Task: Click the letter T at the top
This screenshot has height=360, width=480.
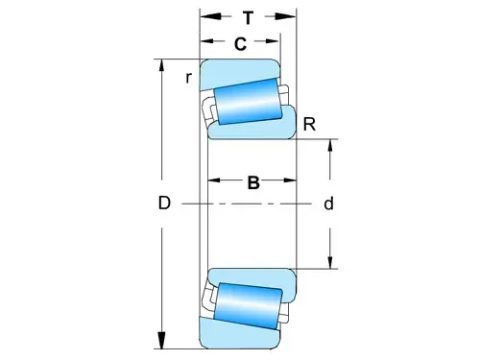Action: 248,17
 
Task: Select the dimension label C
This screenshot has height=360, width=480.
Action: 240,44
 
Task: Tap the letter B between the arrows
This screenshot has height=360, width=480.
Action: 253,182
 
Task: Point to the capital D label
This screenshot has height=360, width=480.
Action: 164,203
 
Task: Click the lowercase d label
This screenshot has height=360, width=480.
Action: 328,204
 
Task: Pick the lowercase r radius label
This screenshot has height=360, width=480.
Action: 189,78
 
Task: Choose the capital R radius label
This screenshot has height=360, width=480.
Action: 309,124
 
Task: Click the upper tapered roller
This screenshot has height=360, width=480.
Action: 248,102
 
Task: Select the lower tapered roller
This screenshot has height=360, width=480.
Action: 248,306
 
